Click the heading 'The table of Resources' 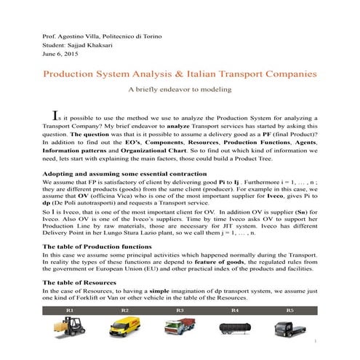click(84, 281)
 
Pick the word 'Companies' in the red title click(290, 74)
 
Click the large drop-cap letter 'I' click(53, 113)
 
